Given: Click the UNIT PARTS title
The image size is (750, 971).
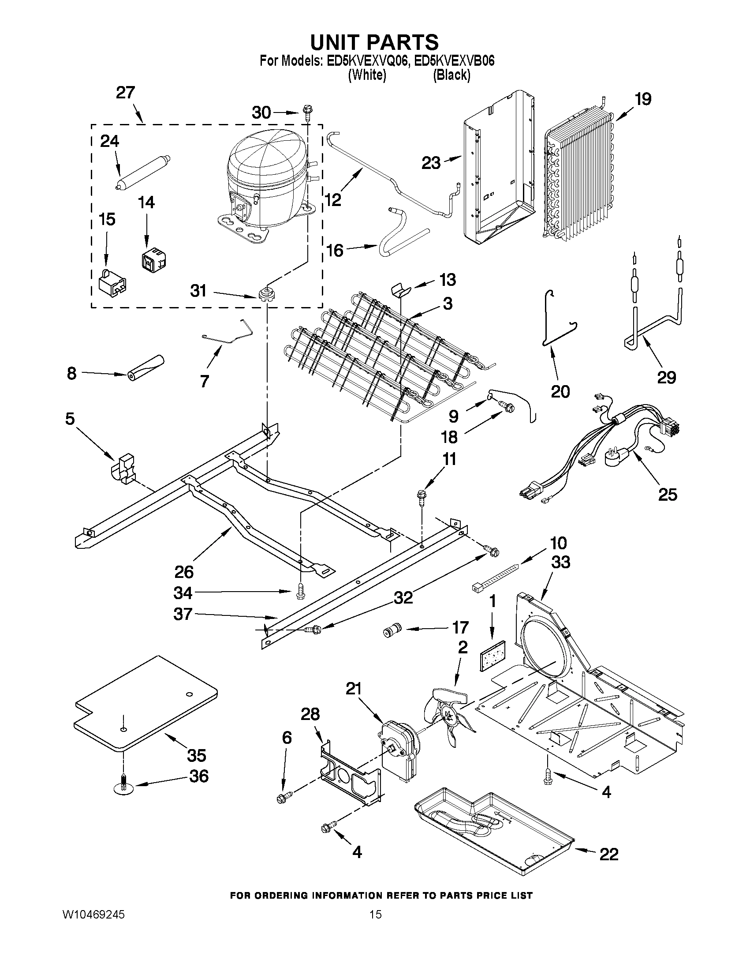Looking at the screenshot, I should [x=374, y=42].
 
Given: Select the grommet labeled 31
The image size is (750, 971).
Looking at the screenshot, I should [x=266, y=294].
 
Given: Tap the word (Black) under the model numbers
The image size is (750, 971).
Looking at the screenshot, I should [x=451, y=75].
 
